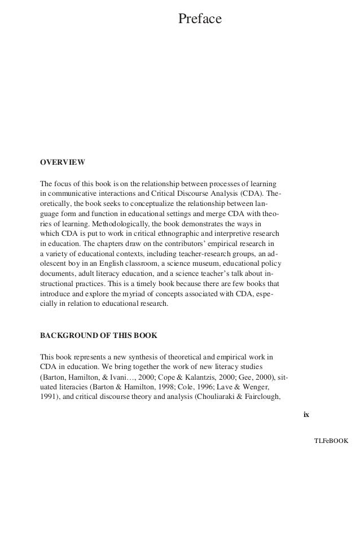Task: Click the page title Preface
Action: coord(200,20)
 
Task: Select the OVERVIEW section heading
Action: coord(62,163)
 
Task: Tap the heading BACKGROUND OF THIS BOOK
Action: coord(99,335)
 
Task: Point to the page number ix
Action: coord(306,415)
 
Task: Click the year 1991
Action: coord(48,397)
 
